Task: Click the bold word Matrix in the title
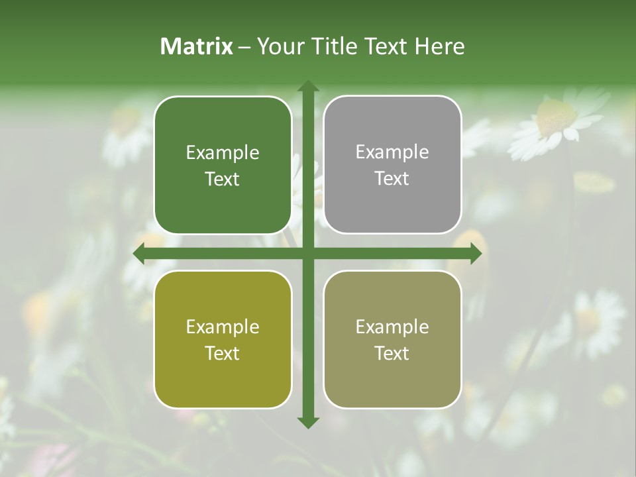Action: [x=197, y=46]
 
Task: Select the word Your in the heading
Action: [x=279, y=46]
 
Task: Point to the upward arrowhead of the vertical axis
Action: [x=307, y=87]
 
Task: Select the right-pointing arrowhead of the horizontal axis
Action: [x=475, y=253]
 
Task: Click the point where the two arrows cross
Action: [x=307, y=253]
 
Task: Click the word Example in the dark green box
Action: [x=223, y=153]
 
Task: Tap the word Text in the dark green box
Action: [x=223, y=180]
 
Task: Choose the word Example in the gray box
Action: [x=392, y=152]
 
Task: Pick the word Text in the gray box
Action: [x=392, y=179]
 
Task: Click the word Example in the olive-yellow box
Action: [x=223, y=327]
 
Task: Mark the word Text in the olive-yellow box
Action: [x=223, y=354]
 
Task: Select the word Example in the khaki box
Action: [x=392, y=327]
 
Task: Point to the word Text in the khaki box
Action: [x=392, y=354]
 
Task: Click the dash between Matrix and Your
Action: [x=245, y=47]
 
